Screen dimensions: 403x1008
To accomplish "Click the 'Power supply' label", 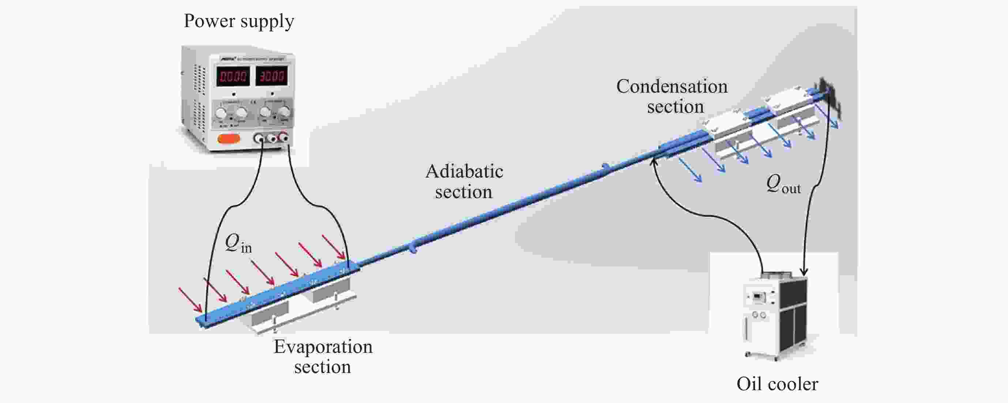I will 239,22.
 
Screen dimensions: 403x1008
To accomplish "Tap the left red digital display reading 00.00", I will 233,76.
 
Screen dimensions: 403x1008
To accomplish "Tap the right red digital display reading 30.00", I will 271,75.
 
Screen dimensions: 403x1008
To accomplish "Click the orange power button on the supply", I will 229,138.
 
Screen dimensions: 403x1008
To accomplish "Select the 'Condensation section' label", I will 672,96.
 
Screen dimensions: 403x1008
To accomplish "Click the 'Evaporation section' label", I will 323,357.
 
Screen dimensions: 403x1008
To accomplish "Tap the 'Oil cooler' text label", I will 777,384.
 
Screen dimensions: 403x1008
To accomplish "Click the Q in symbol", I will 238,244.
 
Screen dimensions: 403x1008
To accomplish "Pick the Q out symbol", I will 783,184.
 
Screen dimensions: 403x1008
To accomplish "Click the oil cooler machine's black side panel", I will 792,313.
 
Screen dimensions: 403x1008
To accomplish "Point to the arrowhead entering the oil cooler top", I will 804,271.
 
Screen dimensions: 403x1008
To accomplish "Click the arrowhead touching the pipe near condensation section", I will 654,161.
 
